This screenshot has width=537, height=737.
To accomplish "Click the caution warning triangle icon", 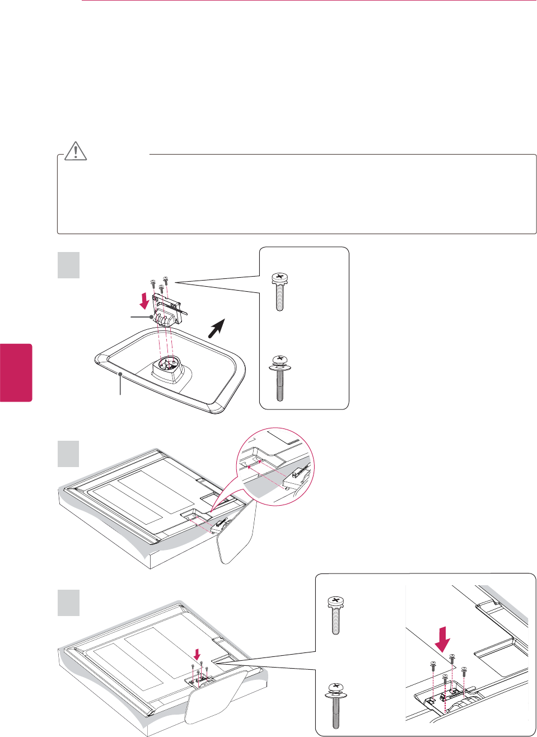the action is coord(76,151).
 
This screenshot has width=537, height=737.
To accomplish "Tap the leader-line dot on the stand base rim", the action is coord(120,371).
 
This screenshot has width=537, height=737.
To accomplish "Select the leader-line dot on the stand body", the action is coord(151,317).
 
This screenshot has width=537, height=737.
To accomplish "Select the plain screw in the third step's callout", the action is coord(335,615).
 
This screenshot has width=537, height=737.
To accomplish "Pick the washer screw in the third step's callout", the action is coord(335,703).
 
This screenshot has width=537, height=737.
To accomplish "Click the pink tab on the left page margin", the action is coord(16,372).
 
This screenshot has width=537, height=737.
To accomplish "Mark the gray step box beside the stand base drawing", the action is coord(69,265).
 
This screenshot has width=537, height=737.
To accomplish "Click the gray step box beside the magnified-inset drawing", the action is coord(69,454).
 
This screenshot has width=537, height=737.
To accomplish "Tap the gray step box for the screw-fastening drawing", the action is coord(69,603).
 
